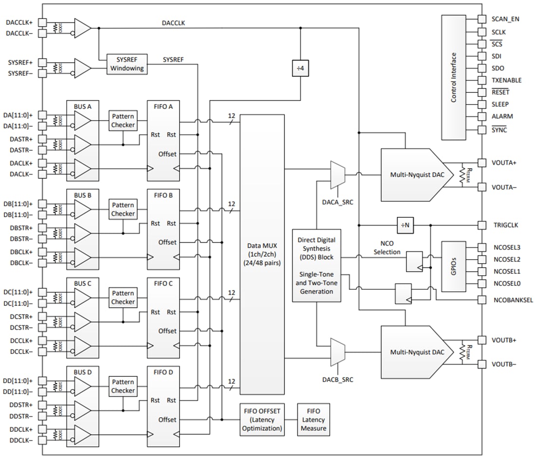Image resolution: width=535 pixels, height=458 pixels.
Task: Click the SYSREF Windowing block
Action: coord(127,64)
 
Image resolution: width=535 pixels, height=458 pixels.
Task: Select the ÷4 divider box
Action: coord(300,69)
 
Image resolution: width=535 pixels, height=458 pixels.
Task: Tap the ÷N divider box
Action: coord(405,225)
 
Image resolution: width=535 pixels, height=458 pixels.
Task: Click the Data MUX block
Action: coord(262,254)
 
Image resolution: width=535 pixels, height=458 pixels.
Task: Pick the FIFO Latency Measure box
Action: coord(313,420)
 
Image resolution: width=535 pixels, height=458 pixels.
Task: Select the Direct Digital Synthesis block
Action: coord(316,265)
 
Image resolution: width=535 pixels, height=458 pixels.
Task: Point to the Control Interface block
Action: coord(454,77)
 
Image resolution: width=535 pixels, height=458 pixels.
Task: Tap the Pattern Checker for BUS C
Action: coord(123,298)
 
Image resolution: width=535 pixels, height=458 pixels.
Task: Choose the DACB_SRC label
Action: coord(338,378)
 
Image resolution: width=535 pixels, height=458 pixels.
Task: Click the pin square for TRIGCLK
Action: coord(482,225)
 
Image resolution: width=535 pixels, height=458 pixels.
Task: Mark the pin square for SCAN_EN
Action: coord(482,19)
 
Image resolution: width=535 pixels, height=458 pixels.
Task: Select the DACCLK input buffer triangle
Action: coord(82,28)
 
